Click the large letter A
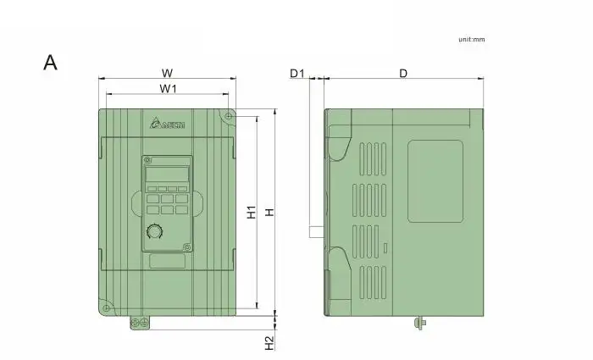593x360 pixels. pyautogui.click(x=50, y=63)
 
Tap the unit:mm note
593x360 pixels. pyautogui.click(x=472, y=39)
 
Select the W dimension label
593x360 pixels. pyautogui.click(x=167, y=73)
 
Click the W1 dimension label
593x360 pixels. pyautogui.click(x=168, y=88)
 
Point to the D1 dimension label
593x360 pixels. pyautogui.click(x=297, y=73)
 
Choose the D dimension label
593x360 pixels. pyautogui.click(x=403, y=73)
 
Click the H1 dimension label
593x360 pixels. pyautogui.click(x=252, y=212)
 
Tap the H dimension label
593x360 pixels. pyautogui.click(x=269, y=212)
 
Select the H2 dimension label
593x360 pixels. pyautogui.click(x=269, y=343)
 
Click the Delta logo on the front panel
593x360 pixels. pyautogui.click(x=167, y=124)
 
